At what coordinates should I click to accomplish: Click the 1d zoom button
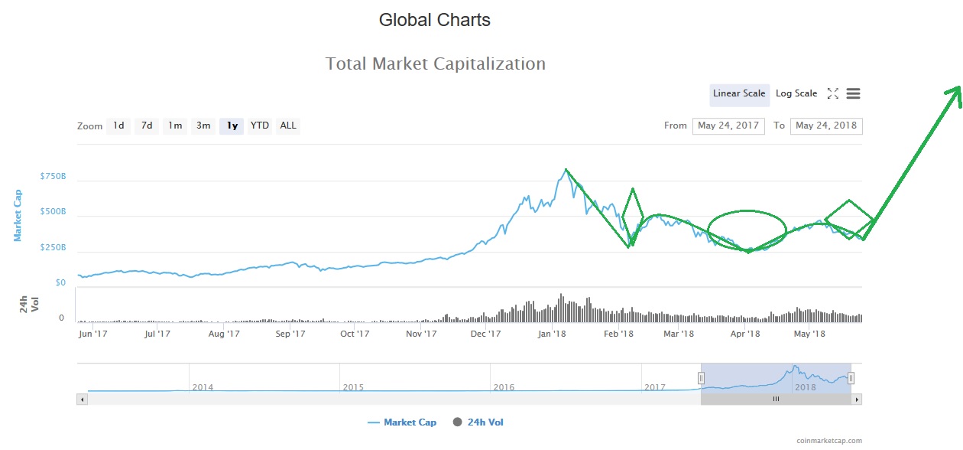[118, 126]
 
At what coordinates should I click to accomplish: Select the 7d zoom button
[147, 126]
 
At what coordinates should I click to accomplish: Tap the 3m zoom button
[203, 126]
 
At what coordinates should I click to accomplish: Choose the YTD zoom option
[260, 126]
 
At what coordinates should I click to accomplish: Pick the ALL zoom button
[288, 126]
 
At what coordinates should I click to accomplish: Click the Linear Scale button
[738, 93]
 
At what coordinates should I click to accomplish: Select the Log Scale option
[796, 93]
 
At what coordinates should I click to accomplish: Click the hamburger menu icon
[854, 93]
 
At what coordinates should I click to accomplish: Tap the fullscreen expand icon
[833, 93]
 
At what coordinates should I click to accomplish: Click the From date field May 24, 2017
[728, 126]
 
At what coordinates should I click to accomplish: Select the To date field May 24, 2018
[826, 126]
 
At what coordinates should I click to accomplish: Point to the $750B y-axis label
[53, 176]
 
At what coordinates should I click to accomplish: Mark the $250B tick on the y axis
[53, 248]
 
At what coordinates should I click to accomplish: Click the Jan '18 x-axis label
[552, 334]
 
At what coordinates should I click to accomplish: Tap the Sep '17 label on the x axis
[290, 334]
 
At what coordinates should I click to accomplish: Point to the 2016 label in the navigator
[504, 387]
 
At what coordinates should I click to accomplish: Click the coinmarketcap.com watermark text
[828, 441]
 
